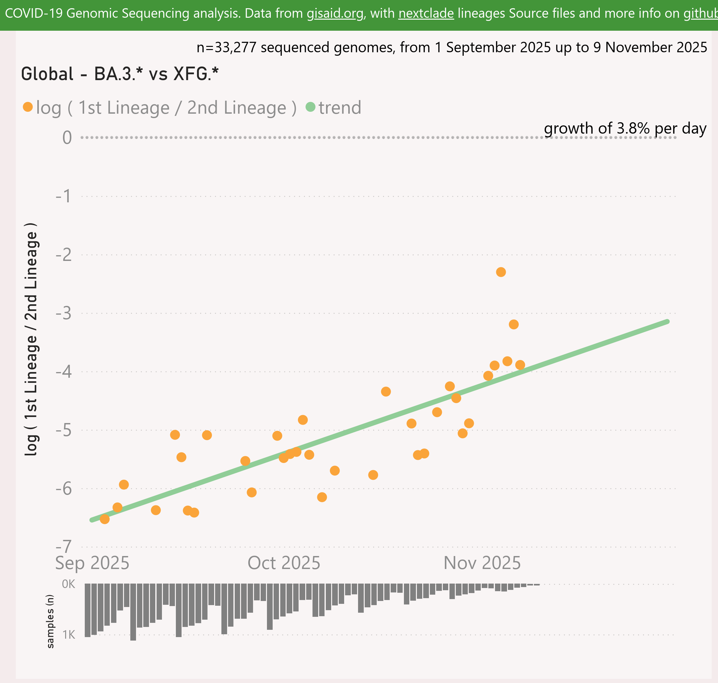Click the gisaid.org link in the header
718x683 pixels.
[335, 14]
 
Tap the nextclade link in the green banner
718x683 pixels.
[426, 14]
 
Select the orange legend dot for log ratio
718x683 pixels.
[28, 107]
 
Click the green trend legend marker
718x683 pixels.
[310, 107]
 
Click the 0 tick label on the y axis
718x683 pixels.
[67, 138]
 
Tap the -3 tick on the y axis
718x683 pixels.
[64, 313]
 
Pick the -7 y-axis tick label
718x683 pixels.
[64, 547]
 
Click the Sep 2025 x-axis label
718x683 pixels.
[92, 563]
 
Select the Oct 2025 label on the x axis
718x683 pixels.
[284, 563]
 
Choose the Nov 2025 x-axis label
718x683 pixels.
[482, 563]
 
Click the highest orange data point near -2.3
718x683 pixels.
[501, 272]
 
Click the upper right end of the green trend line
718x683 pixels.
[667, 321]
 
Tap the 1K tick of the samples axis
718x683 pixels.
[68, 635]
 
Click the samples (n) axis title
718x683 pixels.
[50, 621]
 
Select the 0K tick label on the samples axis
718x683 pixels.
[68, 584]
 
